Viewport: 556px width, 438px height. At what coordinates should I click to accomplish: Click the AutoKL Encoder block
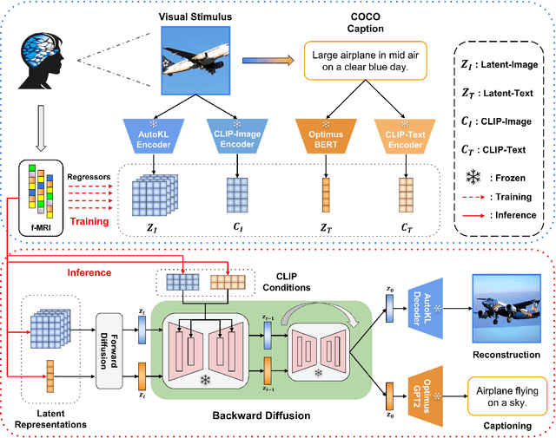(154, 136)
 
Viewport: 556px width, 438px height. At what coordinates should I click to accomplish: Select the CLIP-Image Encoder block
(237, 136)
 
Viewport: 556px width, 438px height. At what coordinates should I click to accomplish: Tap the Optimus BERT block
(326, 136)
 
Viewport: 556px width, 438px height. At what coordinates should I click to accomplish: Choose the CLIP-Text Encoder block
(405, 136)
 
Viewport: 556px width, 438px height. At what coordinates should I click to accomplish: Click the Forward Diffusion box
(109, 350)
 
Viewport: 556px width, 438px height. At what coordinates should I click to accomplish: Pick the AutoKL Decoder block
(426, 309)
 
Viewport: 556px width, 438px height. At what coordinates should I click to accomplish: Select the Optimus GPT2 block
(426, 396)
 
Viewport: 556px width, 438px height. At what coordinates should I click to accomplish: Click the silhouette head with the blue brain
(41, 61)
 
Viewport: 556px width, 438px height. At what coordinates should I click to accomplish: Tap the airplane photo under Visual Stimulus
(195, 61)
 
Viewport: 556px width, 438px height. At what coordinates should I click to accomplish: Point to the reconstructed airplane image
(506, 309)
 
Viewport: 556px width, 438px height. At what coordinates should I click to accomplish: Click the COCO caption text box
(366, 61)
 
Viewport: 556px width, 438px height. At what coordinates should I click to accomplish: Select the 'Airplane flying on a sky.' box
(507, 396)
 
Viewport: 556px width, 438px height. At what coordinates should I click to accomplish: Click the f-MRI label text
(41, 228)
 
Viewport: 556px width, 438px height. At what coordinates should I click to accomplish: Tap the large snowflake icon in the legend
(473, 177)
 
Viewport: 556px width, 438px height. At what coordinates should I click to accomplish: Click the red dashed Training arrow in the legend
(473, 197)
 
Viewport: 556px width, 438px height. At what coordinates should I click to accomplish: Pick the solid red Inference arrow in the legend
(473, 215)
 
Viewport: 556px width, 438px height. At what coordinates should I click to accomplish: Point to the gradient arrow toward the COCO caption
(268, 61)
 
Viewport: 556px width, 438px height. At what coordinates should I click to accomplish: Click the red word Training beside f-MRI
(89, 222)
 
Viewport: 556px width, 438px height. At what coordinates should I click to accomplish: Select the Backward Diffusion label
(261, 415)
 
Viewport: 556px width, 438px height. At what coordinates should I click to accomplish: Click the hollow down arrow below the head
(41, 128)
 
